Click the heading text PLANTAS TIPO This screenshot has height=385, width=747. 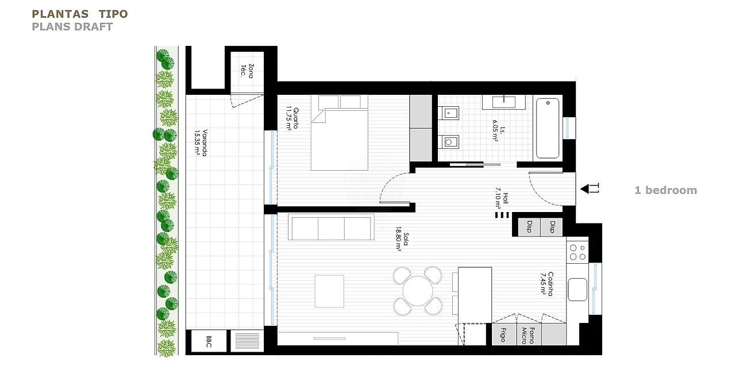click(80, 14)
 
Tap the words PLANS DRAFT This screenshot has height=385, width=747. click(72, 26)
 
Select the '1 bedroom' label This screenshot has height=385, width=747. click(665, 190)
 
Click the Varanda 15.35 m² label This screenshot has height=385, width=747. click(200, 143)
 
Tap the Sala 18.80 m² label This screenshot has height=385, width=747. click(402, 241)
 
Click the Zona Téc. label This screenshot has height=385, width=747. click(247, 71)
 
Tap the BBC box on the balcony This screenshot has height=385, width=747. click(208, 341)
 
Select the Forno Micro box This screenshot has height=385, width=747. click(528, 334)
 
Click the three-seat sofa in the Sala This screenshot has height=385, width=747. click(332, 228)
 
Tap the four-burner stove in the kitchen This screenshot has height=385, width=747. click(577, 252)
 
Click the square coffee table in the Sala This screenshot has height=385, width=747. click(329, 291)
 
